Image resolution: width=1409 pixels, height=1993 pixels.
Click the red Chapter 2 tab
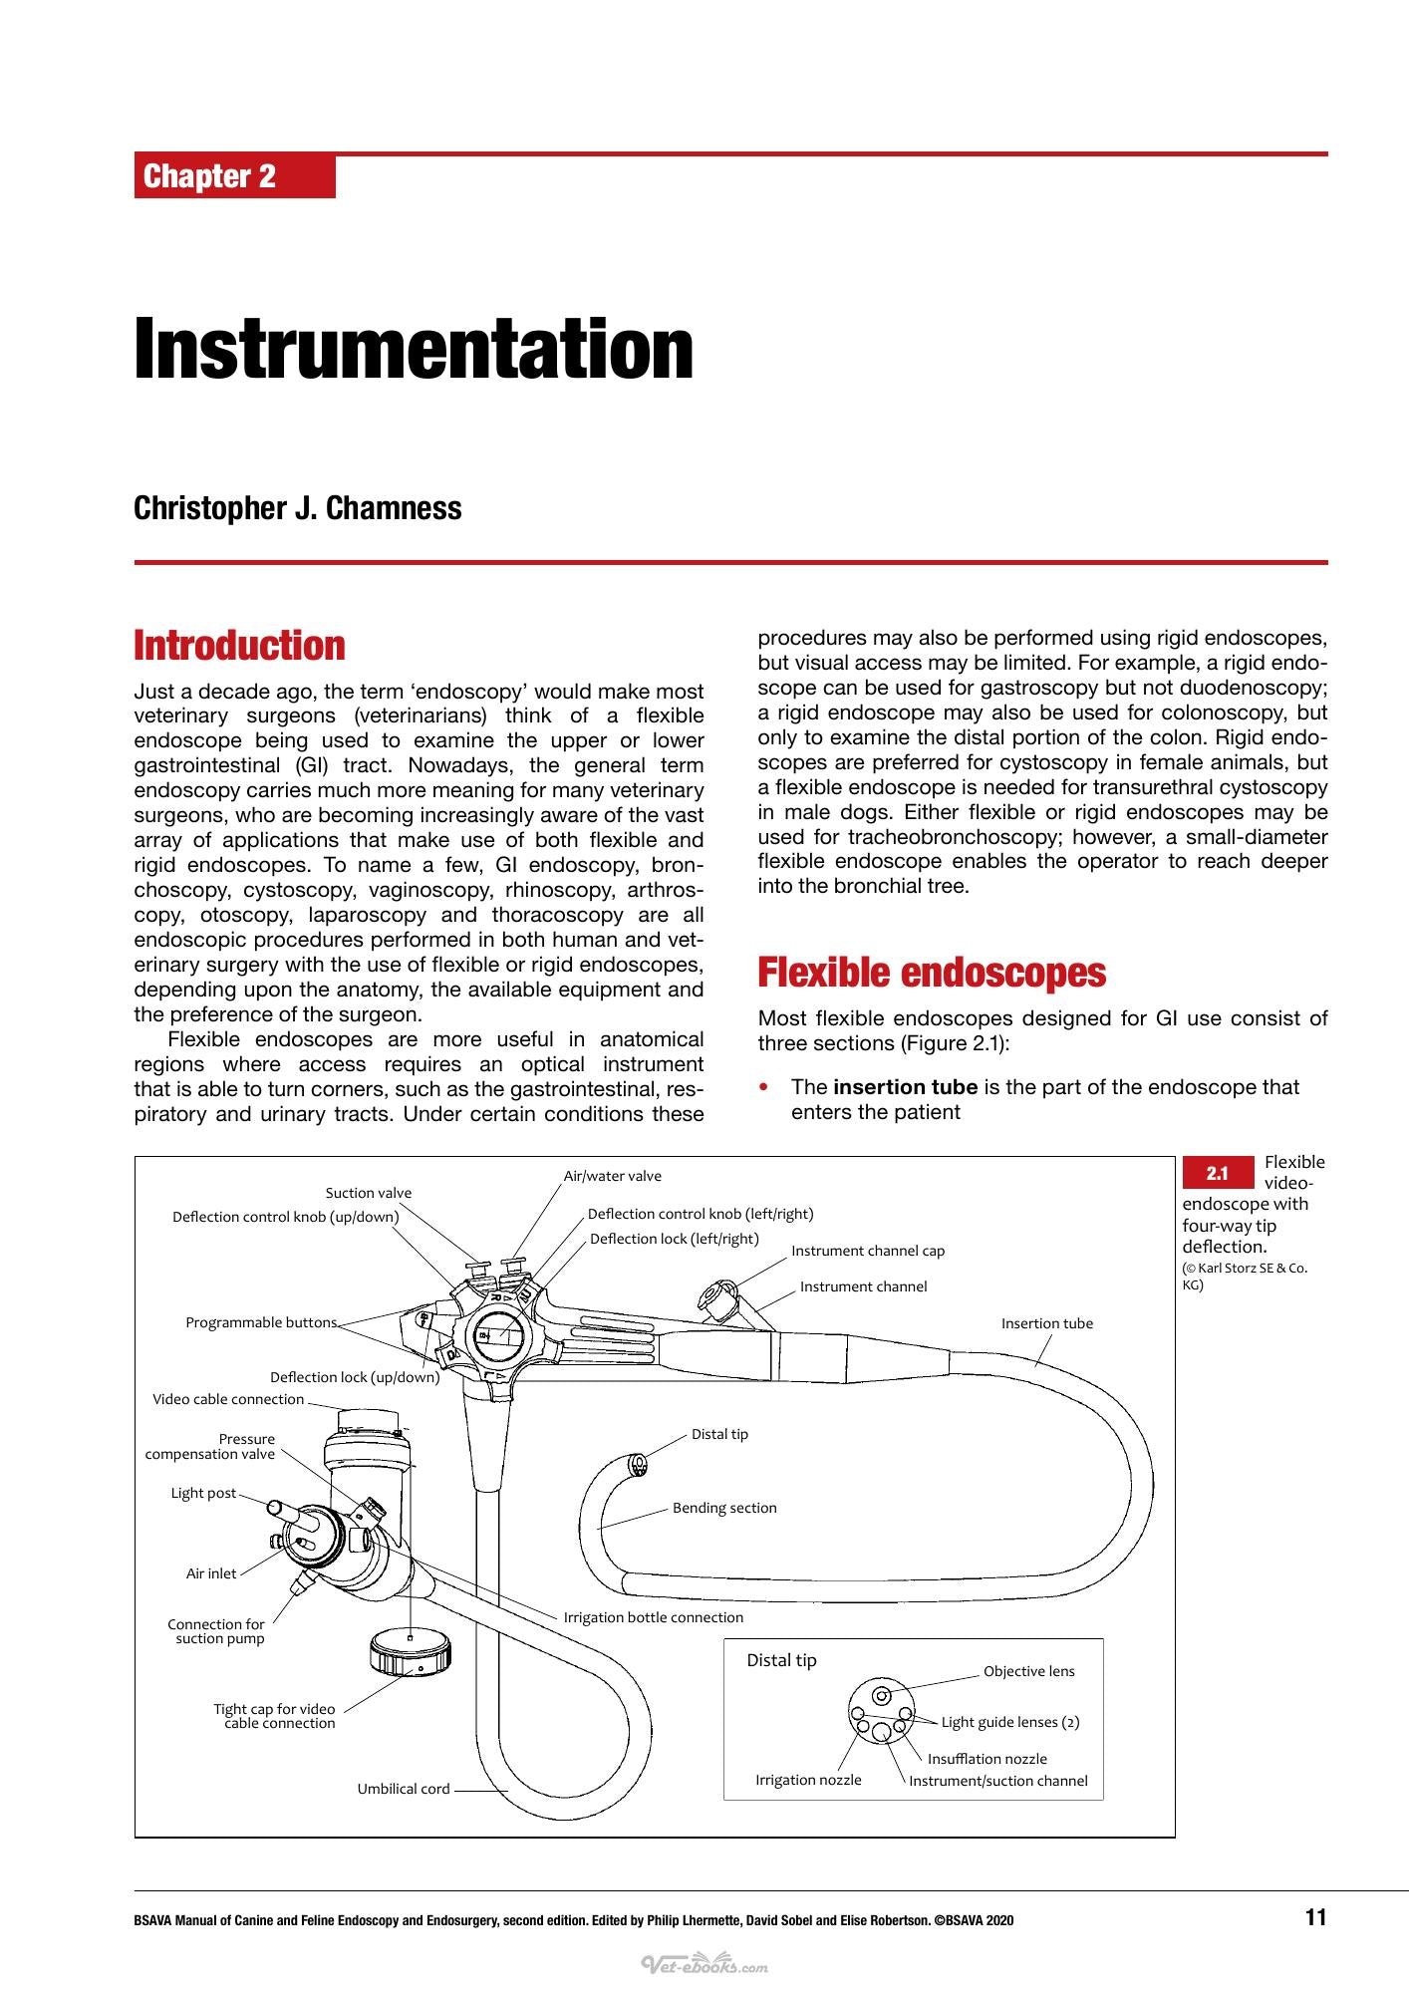click(x=234, y=176)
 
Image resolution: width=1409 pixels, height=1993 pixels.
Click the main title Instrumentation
click(x=414, y=349)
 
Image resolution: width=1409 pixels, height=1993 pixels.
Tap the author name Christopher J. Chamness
click(x=298, y=508)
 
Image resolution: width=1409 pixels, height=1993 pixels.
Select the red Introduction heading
click(x=239, y=645)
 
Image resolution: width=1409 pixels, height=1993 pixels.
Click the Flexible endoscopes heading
click(x=932, y=972)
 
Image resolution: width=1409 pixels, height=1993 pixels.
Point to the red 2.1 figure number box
click(x=1218, y=1173)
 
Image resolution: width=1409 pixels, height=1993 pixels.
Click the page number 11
click(x=1315, y=1916)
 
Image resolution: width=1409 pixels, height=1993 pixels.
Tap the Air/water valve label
click(x=613, y=1176)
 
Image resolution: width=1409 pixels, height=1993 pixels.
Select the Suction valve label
click(x=369, y=1193)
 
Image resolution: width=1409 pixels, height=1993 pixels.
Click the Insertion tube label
click(x=1047, y=1323)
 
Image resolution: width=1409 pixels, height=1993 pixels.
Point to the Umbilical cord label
click(x=404, y=1789)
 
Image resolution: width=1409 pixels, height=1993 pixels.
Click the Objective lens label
click(x=1029, y=1671)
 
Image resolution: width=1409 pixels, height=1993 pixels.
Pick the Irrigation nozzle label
click(x=808, y=1780)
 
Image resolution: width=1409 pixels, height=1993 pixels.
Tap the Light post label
click(x=204, y=1493)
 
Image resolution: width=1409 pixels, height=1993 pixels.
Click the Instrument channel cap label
click(x=868, y=1251)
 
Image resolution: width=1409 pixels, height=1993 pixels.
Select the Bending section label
click(x=724, y=1508)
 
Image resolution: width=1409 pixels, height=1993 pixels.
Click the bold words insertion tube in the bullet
click(x=906, y=1087)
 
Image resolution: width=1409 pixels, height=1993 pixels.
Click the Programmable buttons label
click(x=261, y=1322)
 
